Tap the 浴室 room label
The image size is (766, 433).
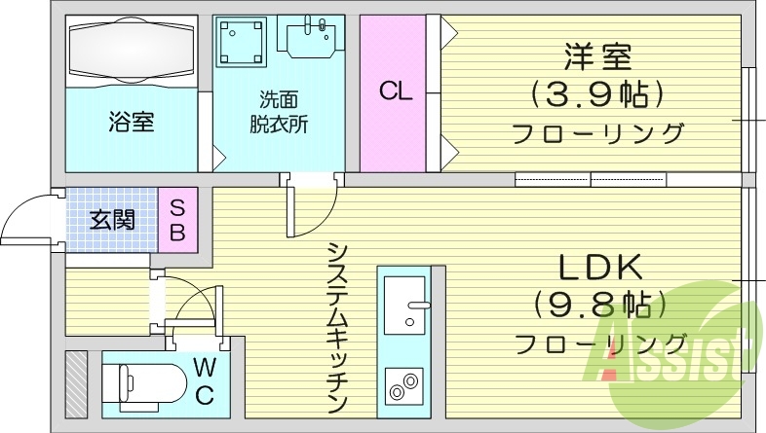[x=132, y=123]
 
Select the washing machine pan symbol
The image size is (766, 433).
[x=241, y=43]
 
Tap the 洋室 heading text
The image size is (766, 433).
[x=596, y=56]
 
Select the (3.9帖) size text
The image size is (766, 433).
[x=596, y=94]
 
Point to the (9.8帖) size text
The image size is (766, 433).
[x=598, y=305]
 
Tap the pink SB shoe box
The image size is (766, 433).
[x=178, y=220]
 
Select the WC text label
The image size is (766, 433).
[x=204, y=380]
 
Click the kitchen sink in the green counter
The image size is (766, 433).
[x=406, y=305]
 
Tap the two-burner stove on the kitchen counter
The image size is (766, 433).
[x=404, y=386]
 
